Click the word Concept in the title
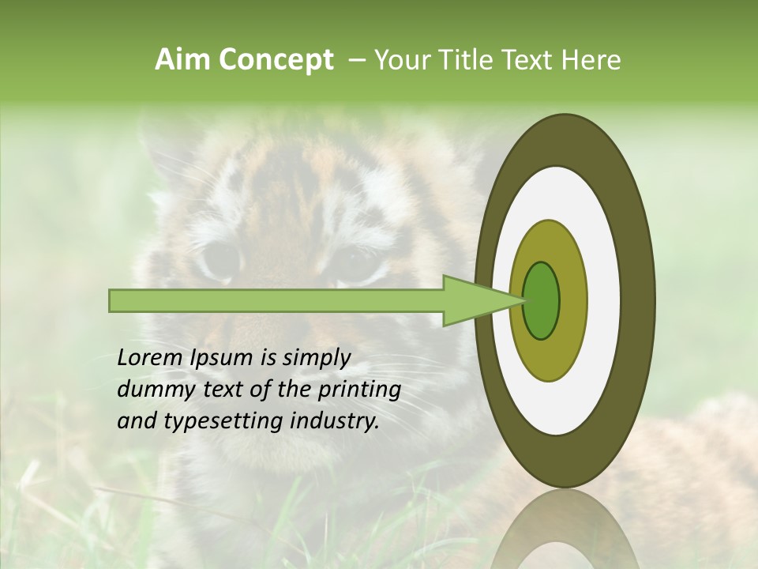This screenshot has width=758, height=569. coord(276,60)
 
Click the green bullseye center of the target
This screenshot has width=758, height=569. coord(541,300)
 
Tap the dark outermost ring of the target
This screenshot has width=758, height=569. coord(638,300)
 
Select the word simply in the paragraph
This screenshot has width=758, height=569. coord(315,358)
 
